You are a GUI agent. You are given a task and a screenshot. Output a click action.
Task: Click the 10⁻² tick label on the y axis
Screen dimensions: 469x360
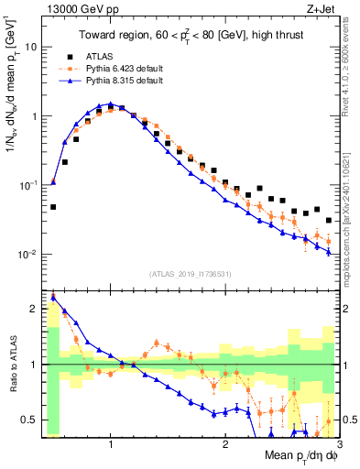31,254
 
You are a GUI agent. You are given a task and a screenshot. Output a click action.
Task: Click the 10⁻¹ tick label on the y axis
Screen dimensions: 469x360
31,185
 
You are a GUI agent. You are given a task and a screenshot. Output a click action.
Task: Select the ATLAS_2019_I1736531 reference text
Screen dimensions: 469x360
190,274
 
